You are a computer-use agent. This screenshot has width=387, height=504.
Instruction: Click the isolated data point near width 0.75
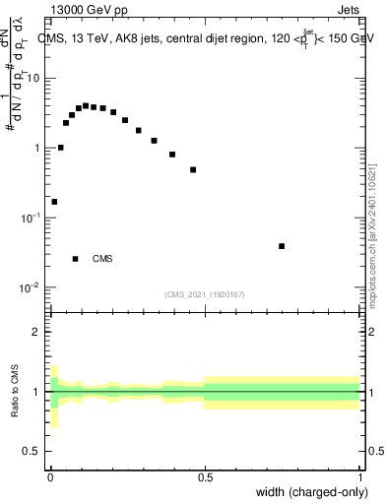pos(282,246)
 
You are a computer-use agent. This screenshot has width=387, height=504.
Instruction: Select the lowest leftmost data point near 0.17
pos(54,202)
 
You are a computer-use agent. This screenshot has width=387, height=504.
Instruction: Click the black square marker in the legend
pos(75,259)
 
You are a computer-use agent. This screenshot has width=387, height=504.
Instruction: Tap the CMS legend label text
pos(102,259)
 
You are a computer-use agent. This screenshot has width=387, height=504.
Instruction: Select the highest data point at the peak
pos(86,105)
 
